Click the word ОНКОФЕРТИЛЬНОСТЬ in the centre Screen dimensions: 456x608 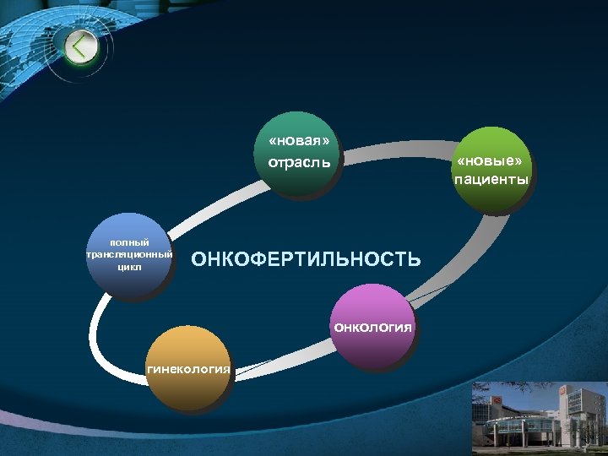point(306,259)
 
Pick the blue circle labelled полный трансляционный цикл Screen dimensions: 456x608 point(129,257)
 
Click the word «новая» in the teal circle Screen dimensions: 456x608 point(298,141)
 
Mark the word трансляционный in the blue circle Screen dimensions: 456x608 point(129,254)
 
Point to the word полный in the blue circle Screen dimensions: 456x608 point(129,243)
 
